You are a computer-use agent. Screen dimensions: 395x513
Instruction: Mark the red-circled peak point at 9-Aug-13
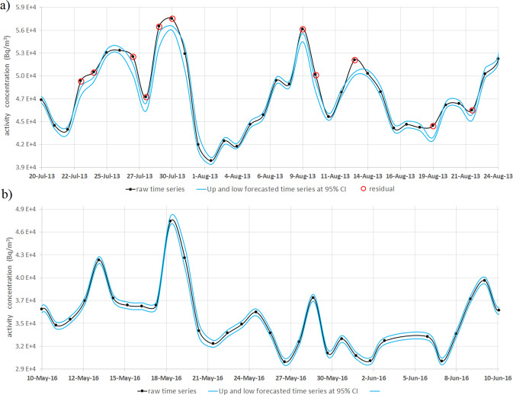point(303,29)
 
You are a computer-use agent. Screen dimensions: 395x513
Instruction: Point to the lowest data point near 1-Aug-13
point(211,160)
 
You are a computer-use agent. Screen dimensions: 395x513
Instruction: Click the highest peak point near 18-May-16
point(172,221)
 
